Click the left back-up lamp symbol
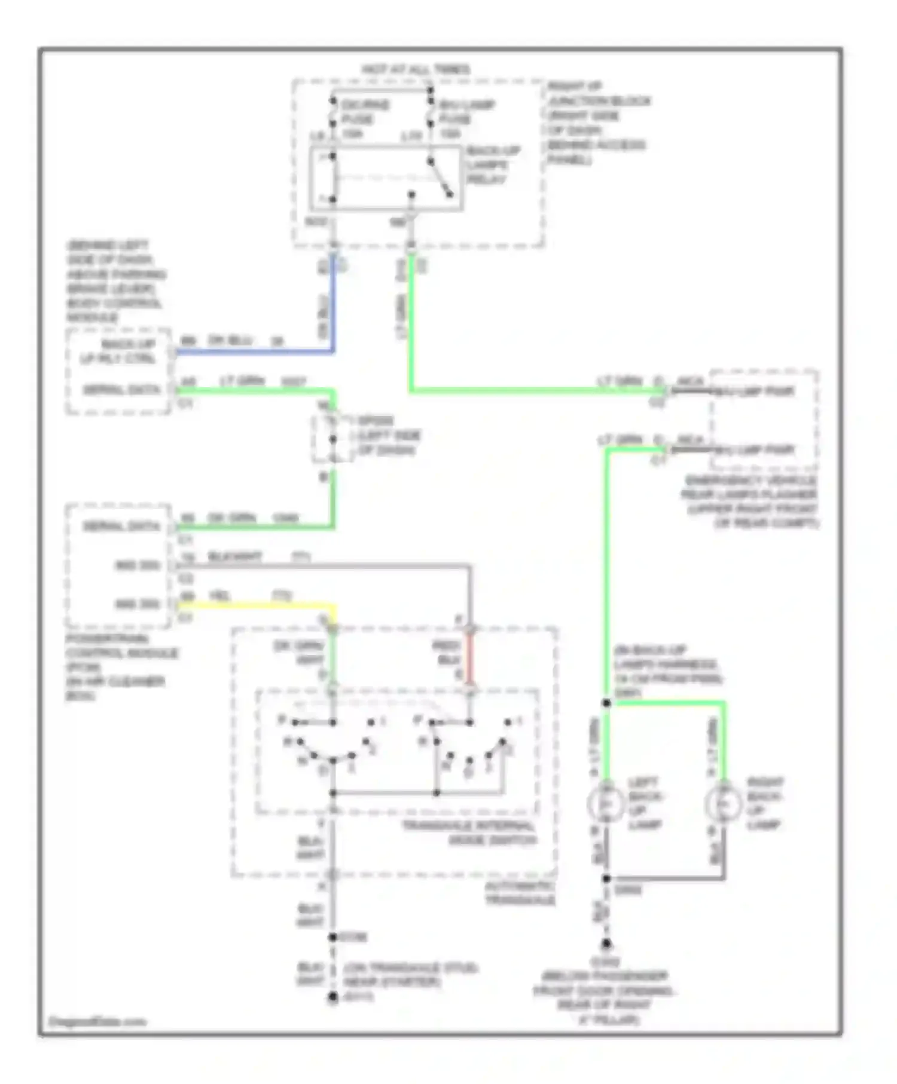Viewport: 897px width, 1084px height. click(606, 804)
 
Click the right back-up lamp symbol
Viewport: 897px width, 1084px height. click(724, 804)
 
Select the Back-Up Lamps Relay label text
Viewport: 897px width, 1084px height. click(493, 165)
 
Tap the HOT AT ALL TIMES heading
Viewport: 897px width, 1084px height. click(416, 69)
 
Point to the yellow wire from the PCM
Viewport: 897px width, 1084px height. click(257, 605)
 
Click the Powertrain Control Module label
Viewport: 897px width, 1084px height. click(120, 667)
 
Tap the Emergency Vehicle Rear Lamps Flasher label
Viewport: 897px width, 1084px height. click(750, 501)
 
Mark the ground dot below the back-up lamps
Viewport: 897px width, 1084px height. click(606, 944)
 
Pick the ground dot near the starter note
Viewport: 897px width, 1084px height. click(333, 997)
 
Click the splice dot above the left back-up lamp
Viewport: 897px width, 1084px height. click(606, 703)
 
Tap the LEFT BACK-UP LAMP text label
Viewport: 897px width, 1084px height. click(645, 803)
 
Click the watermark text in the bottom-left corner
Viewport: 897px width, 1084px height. click(97, 1021)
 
